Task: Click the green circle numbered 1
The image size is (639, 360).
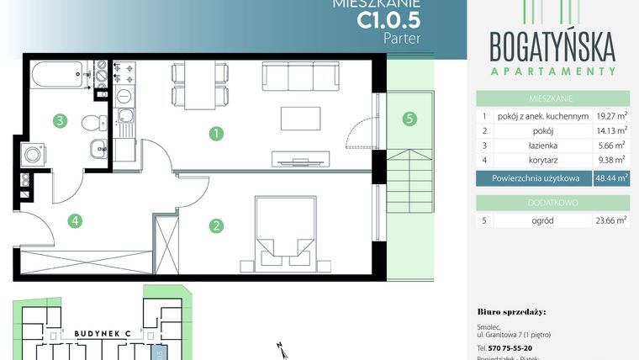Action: point(217,133)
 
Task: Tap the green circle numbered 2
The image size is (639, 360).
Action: point(217,225)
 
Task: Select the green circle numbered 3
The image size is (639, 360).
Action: point(60,120)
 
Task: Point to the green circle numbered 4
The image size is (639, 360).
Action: point(76,221)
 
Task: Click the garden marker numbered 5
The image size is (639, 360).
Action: point(409,119)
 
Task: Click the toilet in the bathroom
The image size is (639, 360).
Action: point(92,123)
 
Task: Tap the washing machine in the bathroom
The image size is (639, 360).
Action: point(34,155)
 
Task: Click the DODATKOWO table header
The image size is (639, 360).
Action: point(553,202)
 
